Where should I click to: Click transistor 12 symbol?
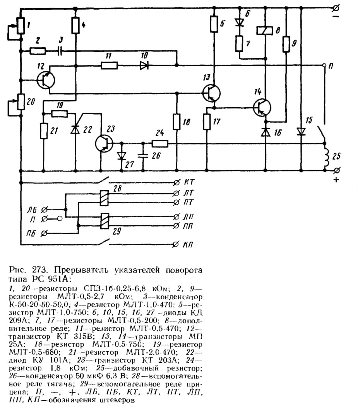coord(46,80)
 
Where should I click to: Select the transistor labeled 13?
coord(211,93)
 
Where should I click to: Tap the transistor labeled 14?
coord(262,107)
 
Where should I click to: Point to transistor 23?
coord(104,143)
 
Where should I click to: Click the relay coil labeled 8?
coord(264,31)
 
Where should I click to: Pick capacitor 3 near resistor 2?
coord(60,51)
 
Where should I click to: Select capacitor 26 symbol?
coord(143,156)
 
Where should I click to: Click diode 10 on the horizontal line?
coord(144,65)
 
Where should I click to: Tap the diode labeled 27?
coord(122,156)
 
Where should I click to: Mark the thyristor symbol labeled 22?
coord(75,129)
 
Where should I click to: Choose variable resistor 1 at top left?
coord(21,26)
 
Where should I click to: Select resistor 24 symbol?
coord(160,144)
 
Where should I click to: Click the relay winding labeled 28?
coord(104,198)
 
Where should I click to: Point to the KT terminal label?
coord(189,182)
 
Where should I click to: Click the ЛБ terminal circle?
coord(44,210)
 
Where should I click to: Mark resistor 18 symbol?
coord(177,122)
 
